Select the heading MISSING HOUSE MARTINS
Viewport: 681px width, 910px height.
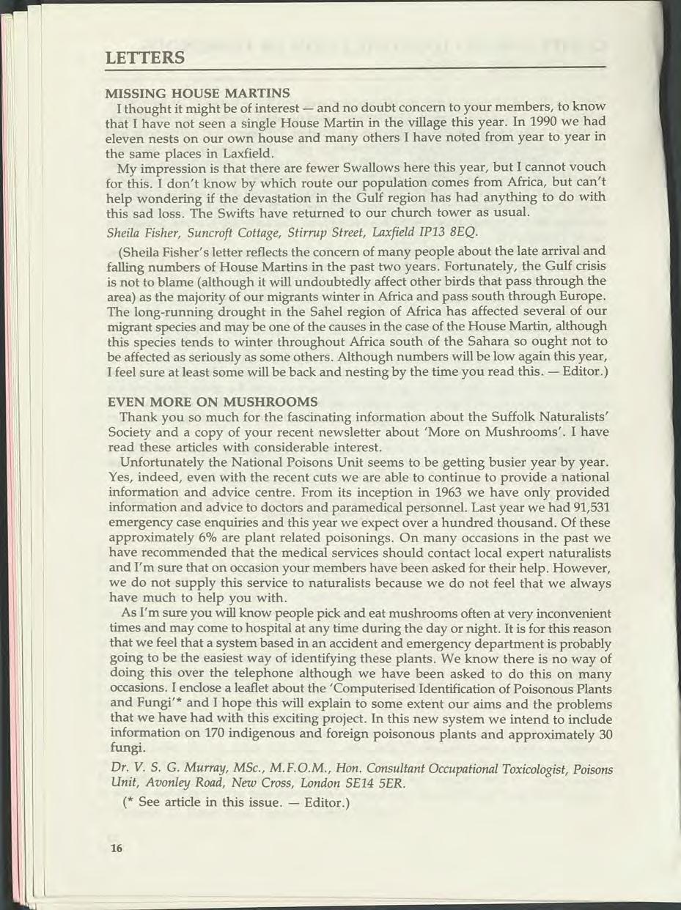point(198,93)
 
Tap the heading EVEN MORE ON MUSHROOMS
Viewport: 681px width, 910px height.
point(213,402)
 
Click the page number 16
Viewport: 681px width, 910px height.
point(115,848)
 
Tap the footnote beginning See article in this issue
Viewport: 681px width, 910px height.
point(222,803)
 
